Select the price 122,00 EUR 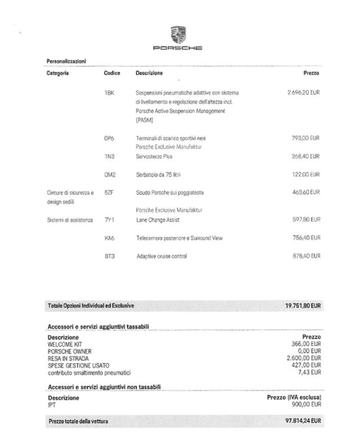click(x=307, y=174)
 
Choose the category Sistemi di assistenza click(x=70, y=220)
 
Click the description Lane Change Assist click(x=158, y=220)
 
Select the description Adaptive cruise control click(x=161, y=256)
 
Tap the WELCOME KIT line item click(x=64, y=343)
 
